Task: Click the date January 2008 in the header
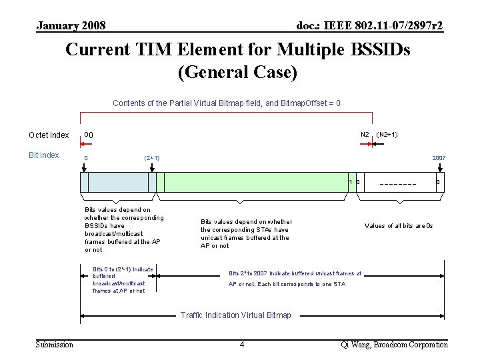click(71, 26)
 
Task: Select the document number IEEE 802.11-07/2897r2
click(369, 26)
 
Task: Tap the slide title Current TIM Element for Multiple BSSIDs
click(237, 50)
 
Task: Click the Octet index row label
click(49, 135)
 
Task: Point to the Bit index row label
click(44, 155)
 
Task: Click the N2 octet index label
click(365, 135)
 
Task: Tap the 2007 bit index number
click(439, 158)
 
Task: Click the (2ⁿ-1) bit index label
click(152, 158)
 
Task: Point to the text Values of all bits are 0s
click(399, 226)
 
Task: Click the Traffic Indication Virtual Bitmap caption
click(236, 315)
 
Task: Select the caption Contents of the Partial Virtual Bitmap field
click(227, 103)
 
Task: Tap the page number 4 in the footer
click(242, 345)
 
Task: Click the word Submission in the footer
click(55, 345)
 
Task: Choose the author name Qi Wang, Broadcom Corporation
click(394, 345)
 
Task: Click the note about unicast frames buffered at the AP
click(246, 234)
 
